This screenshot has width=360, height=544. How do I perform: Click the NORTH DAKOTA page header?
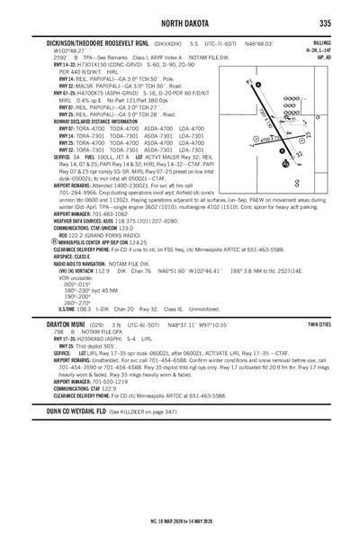coord(180,22)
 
